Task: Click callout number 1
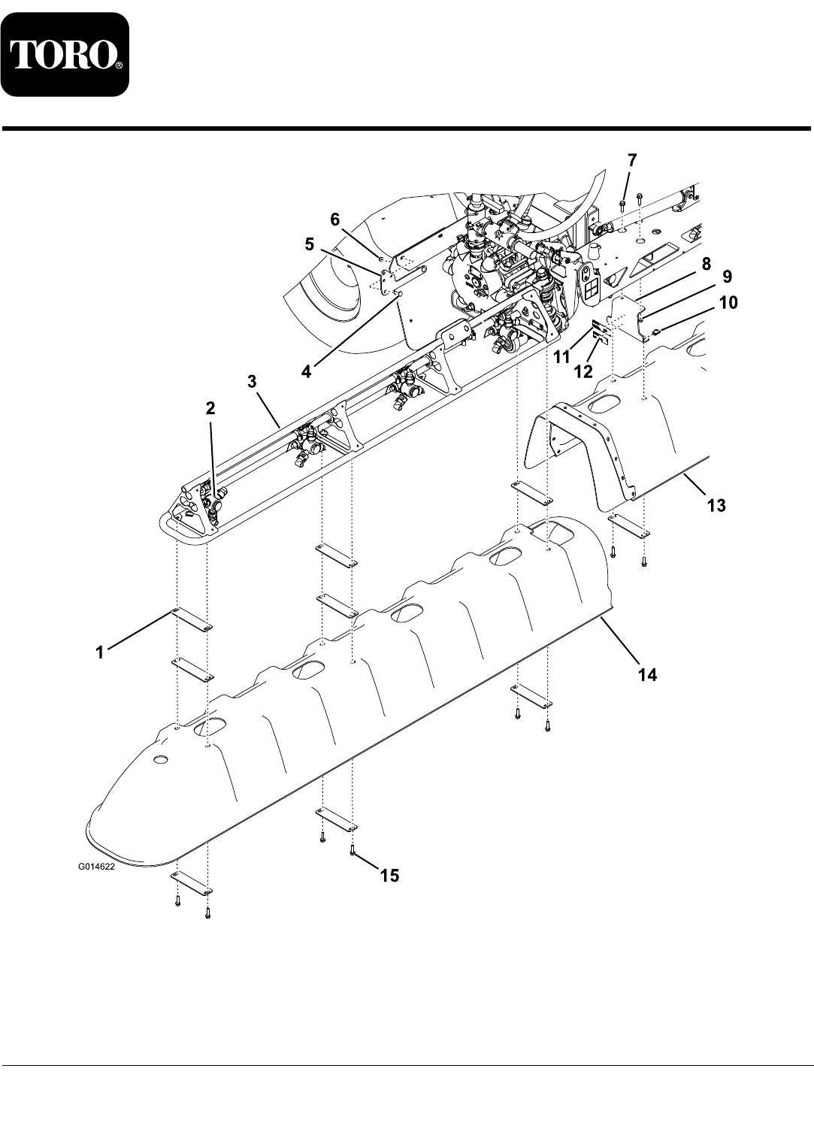100,653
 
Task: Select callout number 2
210,408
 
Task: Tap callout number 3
253,382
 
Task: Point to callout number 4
306,372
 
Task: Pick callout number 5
310,245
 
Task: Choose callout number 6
334,219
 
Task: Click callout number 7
631,161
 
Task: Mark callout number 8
707,264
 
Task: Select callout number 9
727,277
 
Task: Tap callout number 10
728,303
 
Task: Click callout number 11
561,358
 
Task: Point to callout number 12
583,372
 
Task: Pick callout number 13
716,506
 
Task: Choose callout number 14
647,675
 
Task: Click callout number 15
390,876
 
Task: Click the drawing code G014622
96,867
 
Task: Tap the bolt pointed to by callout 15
352,850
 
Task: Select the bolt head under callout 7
622,204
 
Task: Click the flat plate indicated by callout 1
192,619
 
